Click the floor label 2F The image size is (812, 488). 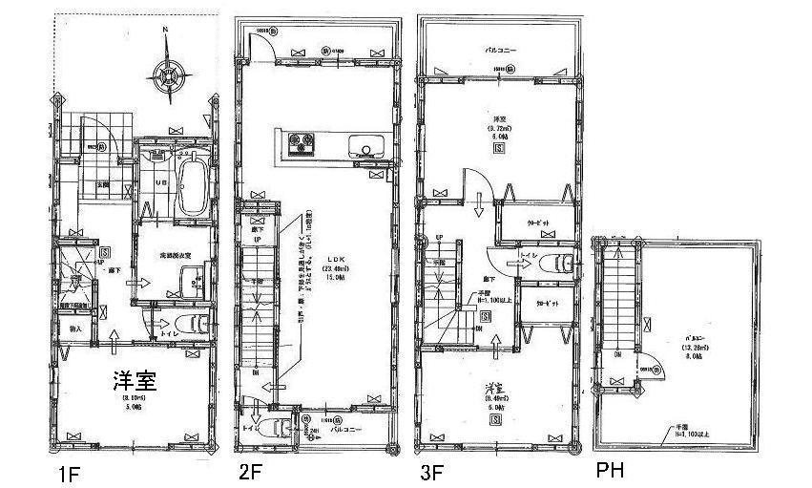point(251,471)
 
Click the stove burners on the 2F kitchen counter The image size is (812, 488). point(302,146)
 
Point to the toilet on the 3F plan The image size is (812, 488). point(562,262)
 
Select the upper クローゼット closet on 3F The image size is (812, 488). point(538,223)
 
